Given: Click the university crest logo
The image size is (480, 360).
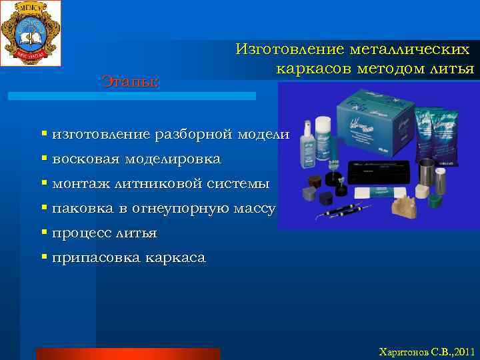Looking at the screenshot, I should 31,33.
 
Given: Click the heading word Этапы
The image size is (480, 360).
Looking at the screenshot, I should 130,81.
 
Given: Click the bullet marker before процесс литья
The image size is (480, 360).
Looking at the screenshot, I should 44,233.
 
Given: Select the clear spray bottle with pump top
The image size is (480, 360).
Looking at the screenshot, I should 307,140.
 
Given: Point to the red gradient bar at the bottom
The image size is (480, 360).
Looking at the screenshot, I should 127,353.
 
